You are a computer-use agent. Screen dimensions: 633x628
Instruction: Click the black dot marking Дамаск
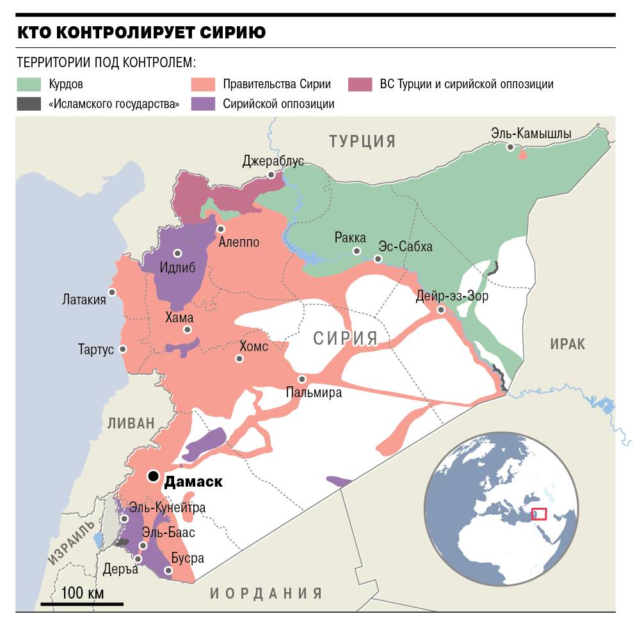153,476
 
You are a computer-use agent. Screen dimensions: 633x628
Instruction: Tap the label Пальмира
314,393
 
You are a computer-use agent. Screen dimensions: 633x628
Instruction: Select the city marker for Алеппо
221,229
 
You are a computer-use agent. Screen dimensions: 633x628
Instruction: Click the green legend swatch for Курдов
29,84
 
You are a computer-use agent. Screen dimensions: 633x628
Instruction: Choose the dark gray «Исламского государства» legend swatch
29,104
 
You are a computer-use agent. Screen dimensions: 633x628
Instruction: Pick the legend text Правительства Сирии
276,84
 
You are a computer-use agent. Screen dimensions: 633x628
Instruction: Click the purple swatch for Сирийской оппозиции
204,104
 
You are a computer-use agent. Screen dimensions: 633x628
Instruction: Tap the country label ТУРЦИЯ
362,141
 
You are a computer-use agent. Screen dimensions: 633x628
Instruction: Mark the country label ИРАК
567,344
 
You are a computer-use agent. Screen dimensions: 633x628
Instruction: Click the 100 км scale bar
82,603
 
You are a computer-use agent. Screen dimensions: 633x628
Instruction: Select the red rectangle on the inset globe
539,514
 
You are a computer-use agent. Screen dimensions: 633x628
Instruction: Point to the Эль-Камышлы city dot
510,147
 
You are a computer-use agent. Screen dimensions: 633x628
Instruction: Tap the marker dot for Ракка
356,251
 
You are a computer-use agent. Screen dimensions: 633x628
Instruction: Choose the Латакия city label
84,299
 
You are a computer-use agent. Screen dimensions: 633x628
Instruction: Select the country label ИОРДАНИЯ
266,593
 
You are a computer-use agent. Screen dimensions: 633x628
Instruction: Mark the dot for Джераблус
271,174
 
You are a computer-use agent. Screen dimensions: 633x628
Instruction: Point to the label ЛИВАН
131,423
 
